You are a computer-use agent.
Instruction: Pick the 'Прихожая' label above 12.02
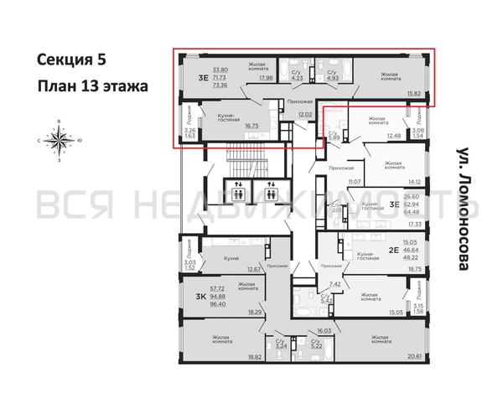299,101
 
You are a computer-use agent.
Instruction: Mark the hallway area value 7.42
335,283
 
